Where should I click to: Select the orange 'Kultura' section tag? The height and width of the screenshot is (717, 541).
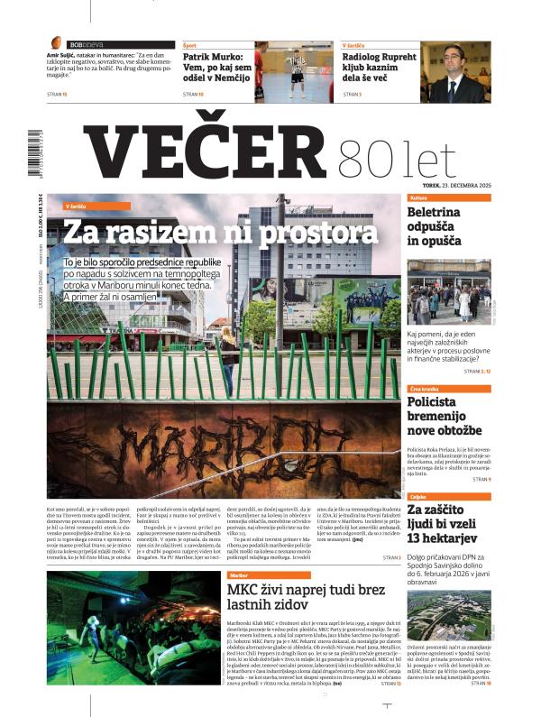click(x=418, y=197)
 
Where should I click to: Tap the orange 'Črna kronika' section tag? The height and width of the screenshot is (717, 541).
click(x=426, y=389)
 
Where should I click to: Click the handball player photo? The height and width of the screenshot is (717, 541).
click(x=290, y=71)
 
